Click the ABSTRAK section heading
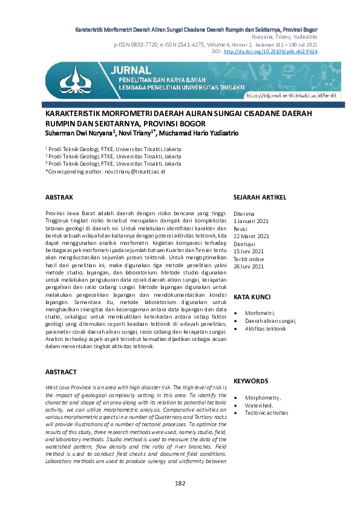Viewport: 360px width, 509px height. pos(59,197)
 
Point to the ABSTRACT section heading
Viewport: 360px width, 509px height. pos(61,371)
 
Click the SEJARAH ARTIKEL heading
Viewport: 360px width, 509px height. pos(260,197)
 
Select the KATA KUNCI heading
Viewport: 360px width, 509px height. pos(251,297)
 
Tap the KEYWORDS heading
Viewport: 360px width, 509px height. pos(250,381)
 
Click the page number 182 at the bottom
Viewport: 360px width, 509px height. pos(180,483)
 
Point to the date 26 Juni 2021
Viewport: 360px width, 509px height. pos(249,266)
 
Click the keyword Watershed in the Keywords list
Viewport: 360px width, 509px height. pos(258,405)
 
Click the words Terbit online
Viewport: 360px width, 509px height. pos(249,259)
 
